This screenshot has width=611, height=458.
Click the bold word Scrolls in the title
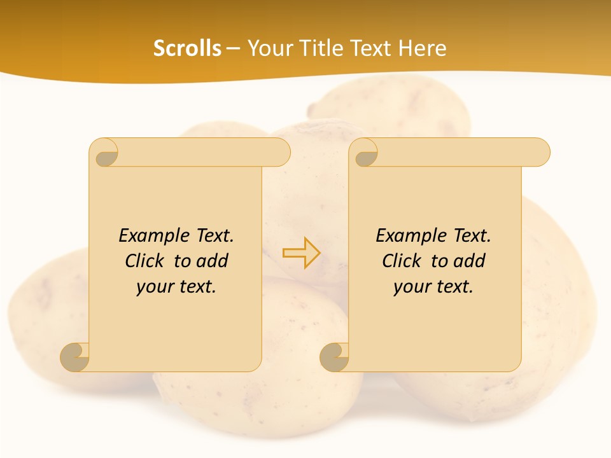tap(187, 48)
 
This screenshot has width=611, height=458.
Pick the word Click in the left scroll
tap(145, 261)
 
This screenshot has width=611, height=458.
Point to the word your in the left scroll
tap(153, 287)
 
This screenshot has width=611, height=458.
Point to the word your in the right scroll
tap(411, 287)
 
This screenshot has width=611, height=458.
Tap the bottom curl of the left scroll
tap(75, 357)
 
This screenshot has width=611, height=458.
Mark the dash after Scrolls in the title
tap(233, 48)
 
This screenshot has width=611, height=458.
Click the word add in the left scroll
tap(211, 261)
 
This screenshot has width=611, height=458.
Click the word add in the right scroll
tap(468, 261)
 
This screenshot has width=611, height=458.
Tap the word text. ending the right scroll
tap(452, 287)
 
